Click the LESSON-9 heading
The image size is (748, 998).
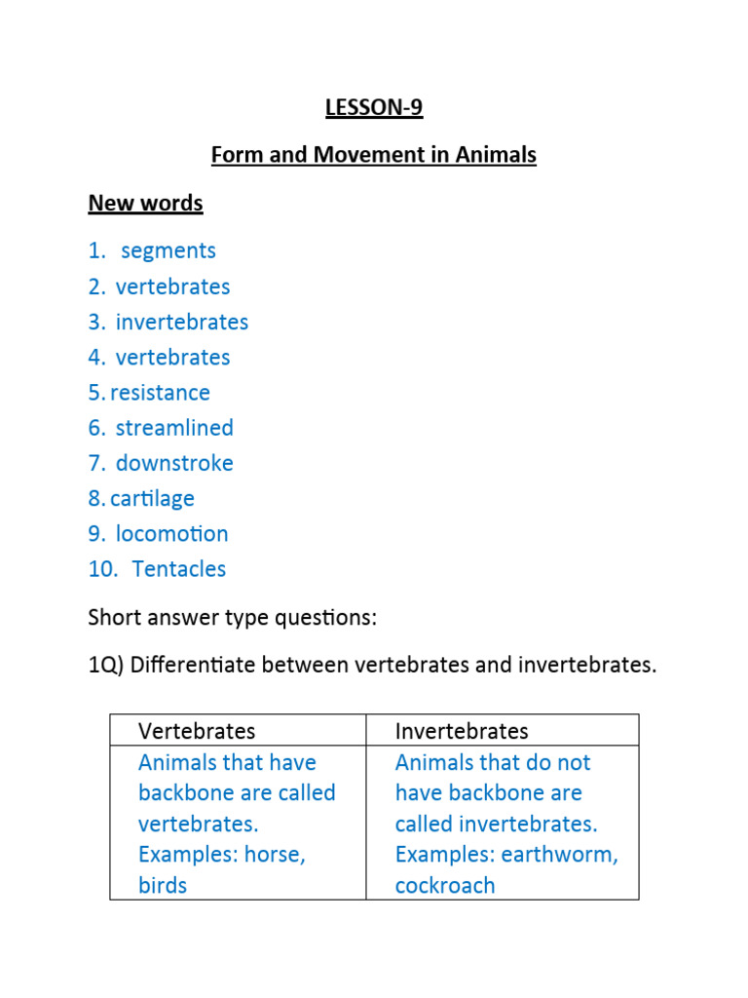pyautogui.click(x=374, y=107)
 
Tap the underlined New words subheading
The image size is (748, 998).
pyautogui.click(x=145, y=203)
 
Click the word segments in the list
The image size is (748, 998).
pyautogui.click(x=168, y=250)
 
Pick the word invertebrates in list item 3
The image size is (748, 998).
pyautogui.click(x=182, y=322)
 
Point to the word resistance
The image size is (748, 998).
pyautogui.click(x=160, y=393)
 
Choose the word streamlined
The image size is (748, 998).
pyautogui.click(x=174, y=428)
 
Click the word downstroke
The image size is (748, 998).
pyautogui.click(x=174, y=463)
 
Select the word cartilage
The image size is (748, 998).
pyautogui.click(x=152, y=499)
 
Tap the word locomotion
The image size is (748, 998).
pyautogui.click(x=171, y=534)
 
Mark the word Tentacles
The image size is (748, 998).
pyautogui.click(x=179, y=569)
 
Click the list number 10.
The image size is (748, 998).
pyautogui.click(x=101, y=569)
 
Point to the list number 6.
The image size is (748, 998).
pyautogui.click(x=95, y=428)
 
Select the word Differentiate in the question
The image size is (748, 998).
pyautogui.click(x=191, y=666)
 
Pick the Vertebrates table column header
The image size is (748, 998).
pyautogui.click(x=197, y=731)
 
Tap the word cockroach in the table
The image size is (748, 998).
pyautogui.click(x=445, y=886)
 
